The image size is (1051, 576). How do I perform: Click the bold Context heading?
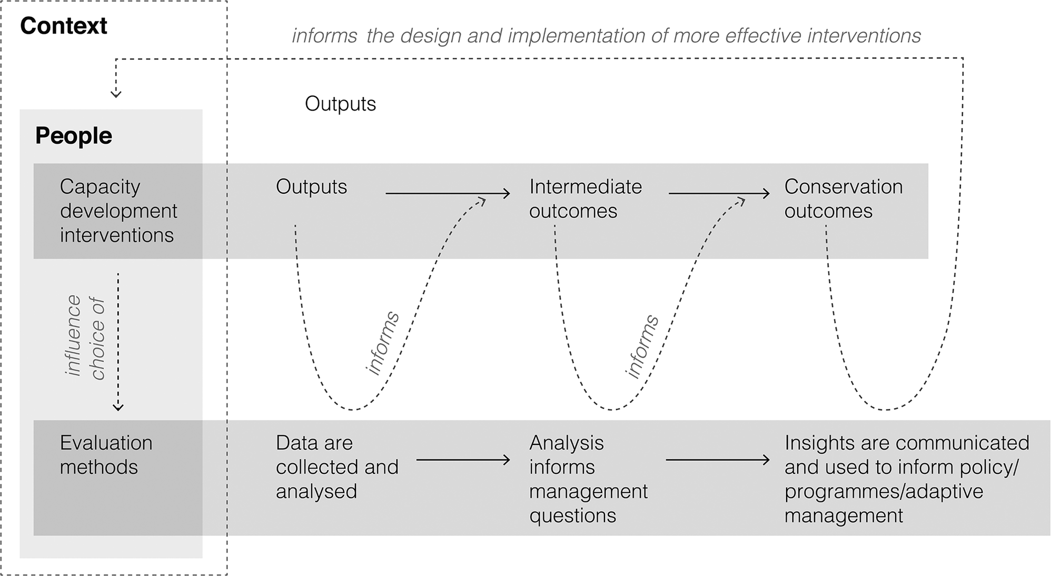(64, 26)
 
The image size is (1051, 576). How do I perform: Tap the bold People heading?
(74, 136)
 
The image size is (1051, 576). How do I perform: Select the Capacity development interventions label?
(118, 211)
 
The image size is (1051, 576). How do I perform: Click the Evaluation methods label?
(106, 455)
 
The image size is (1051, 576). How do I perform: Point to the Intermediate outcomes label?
(586, 198)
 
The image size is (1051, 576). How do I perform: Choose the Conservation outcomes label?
(844, 198)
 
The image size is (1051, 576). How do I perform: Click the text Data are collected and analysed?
(337, 467)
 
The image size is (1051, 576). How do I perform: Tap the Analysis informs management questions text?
(588, 479)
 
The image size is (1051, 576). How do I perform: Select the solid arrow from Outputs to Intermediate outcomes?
(448, 194)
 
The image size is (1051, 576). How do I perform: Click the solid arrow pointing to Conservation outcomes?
(719, 194)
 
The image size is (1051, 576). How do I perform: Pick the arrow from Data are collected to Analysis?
(463, 460)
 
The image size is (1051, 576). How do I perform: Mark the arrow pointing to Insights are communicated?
(718, 460)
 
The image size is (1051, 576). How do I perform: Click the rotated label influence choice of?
(86, 337)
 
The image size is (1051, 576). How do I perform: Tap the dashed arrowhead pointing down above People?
(116, 94)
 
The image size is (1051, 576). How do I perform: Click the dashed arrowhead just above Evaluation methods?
(118, 407)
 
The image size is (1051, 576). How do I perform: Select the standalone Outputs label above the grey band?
(341, 104)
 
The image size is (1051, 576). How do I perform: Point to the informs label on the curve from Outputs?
(383, 343)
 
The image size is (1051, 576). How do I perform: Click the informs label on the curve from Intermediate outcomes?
(642, 346)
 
